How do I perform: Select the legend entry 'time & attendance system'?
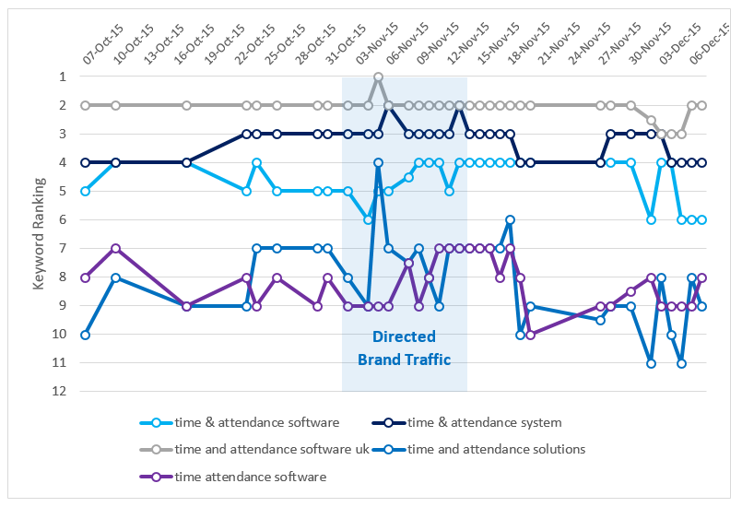click(x=485, y=423)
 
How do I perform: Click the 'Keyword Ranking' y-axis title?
click(x=40, y=233)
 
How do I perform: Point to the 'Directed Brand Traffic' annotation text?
click(x=404, y=348)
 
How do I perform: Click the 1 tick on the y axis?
click(x=63, y=77)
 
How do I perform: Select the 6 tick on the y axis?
click(x=63, y=220)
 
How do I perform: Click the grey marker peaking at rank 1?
click(x=379, y=77)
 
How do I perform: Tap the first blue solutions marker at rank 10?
click(x=86, y=335)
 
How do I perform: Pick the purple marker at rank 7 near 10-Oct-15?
click(x=115, y=249)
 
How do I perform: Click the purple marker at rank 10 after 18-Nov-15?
click(x=530, y=335)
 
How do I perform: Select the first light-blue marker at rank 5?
click(x=86, y=192)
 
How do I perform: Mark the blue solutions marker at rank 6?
click(x=510, y=220)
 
